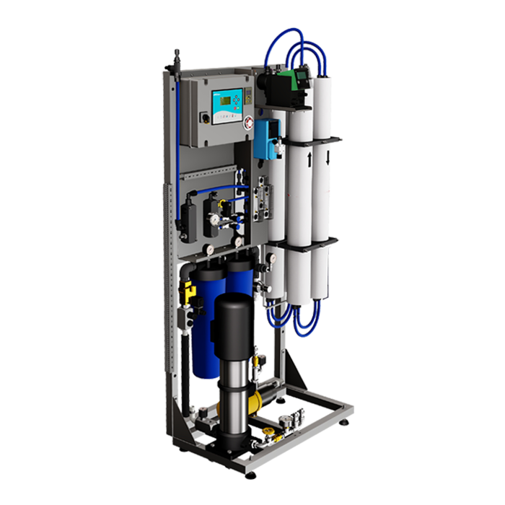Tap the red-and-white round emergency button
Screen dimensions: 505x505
click(x=247, y=122)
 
